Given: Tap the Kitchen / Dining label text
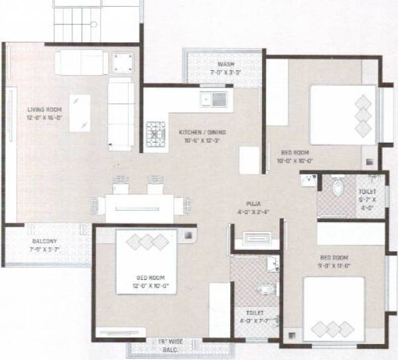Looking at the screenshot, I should coord(202,133).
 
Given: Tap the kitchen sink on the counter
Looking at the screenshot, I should coord(214,100).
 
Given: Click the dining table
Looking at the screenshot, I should coord(139,208).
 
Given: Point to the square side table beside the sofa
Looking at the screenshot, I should coord(123,63).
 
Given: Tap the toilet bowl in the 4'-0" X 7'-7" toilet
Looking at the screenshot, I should coord(265,289).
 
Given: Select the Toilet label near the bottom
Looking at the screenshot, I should coord(255,312).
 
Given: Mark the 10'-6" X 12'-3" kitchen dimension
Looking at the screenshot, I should coord(202,141).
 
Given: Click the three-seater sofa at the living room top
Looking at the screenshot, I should coord(81,63).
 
